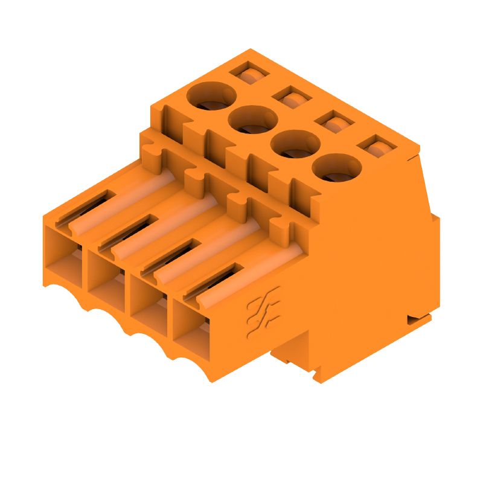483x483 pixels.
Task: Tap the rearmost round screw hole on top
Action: coord(211,98)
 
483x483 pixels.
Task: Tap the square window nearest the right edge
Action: coord(377,147)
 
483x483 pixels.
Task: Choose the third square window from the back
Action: coord(334,121)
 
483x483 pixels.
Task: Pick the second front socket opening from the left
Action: coord(107,277)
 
